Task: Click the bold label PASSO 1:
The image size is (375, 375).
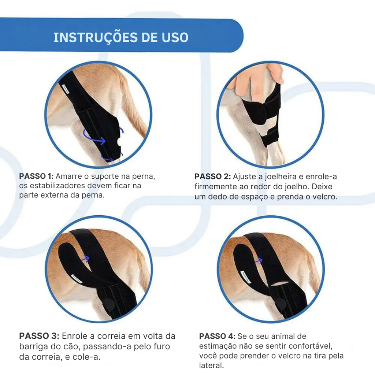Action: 36,176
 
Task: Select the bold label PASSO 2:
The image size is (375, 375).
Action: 213,177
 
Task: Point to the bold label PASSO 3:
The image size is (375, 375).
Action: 39,336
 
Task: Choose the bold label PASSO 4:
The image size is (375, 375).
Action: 218,336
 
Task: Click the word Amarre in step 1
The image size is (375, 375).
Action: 68,176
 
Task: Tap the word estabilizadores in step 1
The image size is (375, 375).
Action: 57,186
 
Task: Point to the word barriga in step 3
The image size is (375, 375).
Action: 33,347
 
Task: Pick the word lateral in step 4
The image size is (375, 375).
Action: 211,365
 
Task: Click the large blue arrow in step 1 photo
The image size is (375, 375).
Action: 94,137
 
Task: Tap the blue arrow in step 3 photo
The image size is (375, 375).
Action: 85,259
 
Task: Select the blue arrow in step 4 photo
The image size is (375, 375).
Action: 258,260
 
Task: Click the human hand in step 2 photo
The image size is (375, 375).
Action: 255,81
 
